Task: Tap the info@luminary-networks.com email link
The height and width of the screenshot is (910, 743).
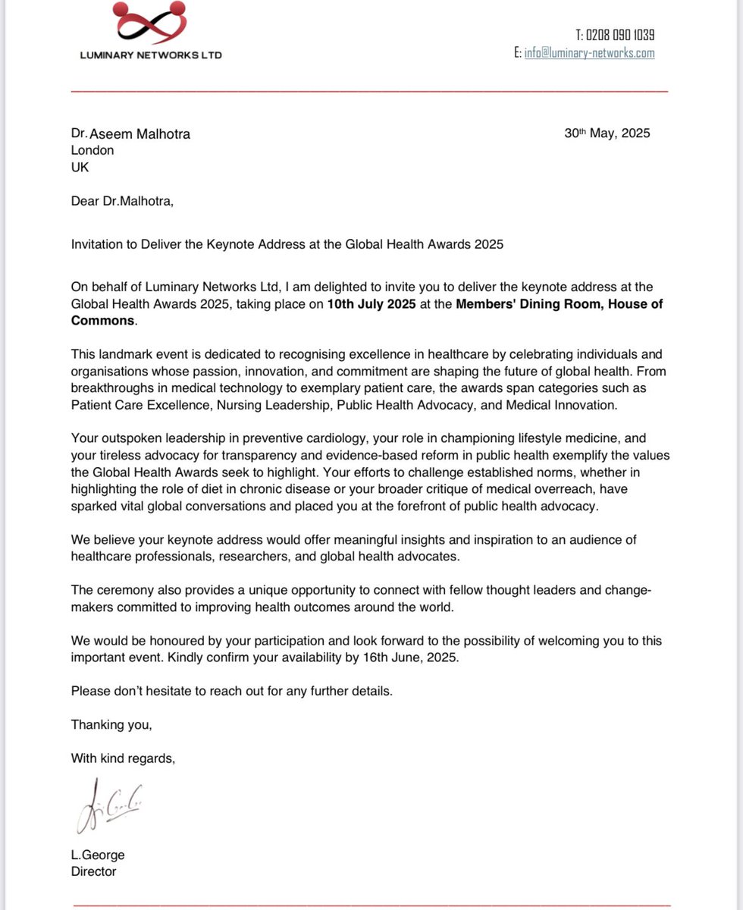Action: pyautogui.click(x=589, y=53)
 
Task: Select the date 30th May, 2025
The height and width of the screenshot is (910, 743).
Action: pyautogui.click(x=607, y=133)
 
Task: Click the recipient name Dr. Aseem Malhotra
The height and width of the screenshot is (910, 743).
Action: pyautogui.click(x=130, y=134)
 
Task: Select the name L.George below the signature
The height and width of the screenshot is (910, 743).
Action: pyautogui.click(x=98, y=855)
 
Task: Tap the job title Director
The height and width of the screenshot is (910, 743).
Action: pyautogui.click(x=93, y=871)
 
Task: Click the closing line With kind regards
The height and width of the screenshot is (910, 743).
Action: pyautogui.click(x=123, y=758)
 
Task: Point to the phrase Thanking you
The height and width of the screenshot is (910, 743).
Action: pyautogui.click(x=111, y=724)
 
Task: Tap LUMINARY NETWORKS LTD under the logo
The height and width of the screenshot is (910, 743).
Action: pyautogui.click(x=152, y=55)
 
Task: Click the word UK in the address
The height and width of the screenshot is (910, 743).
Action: pyautogui.click(x=80, y=167)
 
